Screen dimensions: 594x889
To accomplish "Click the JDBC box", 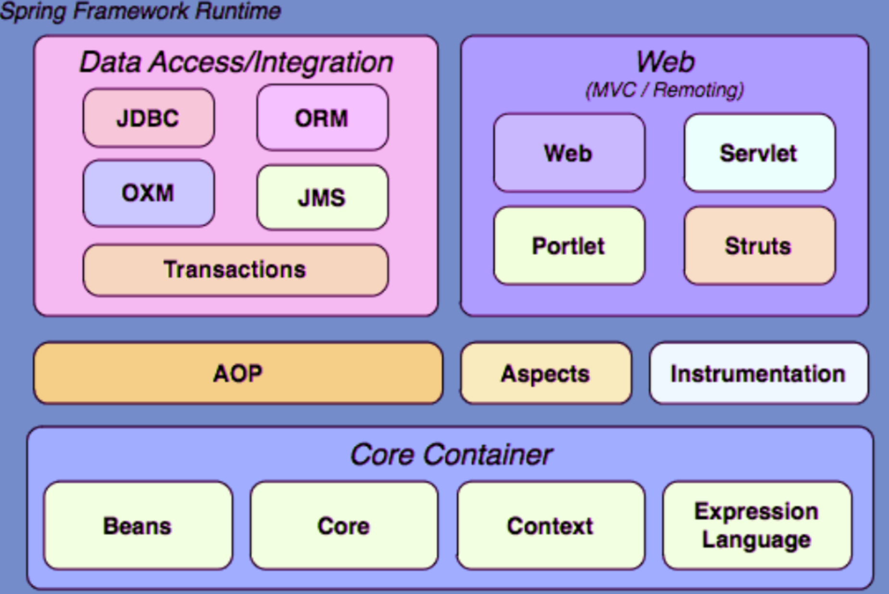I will coord(149,118).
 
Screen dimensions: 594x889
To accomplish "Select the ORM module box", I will coord(322,118).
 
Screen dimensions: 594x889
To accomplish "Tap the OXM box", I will coord(149,193).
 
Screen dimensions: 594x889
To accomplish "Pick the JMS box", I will coord(322,197).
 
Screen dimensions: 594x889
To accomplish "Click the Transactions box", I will coord(235,269).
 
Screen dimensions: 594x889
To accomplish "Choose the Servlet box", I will coord(759,153).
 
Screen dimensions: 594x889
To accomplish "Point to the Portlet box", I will coord(569,245).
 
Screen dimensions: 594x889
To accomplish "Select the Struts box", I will coord(759,245).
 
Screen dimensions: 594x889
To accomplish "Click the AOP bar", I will coord(238,373).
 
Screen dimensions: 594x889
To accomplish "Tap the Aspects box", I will coord(546,373).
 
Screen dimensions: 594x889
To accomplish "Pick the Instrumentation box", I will coord(758,373).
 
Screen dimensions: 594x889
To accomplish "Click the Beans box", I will coord(138,526).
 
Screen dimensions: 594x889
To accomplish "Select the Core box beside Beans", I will coord(344,526).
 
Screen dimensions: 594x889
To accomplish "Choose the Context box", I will coord(551,526).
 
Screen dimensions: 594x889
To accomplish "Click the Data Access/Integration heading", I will coord(236,62).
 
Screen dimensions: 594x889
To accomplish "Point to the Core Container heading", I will coord(451,455).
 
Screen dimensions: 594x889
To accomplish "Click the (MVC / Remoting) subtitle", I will coord(664,90).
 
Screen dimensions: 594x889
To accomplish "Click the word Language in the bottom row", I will coord(757,539).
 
